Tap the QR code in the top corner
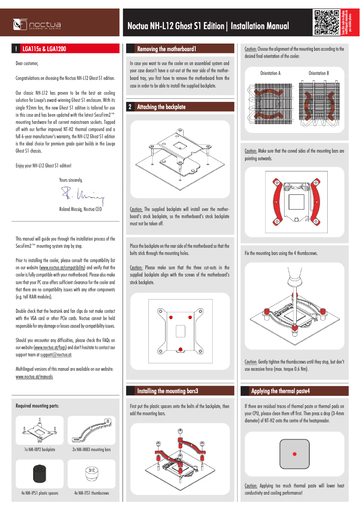pos(326,22)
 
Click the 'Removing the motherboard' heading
pos(167,48)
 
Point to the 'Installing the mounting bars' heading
pos(167,391)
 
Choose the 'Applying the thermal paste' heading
pos(281,391)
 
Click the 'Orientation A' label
pos(270,73)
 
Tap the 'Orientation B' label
pos(319,73)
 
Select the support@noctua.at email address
pos(56,355)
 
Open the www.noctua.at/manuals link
pos(34,377)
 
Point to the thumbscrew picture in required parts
pos(92,474)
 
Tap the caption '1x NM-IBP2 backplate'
pos(40,449)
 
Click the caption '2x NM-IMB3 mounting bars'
pos(92,449)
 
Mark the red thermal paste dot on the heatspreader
pos(294,454)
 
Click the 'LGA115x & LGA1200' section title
pos(44,48)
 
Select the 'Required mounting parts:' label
pos(37,406)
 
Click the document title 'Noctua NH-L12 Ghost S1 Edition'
pos(176,26)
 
